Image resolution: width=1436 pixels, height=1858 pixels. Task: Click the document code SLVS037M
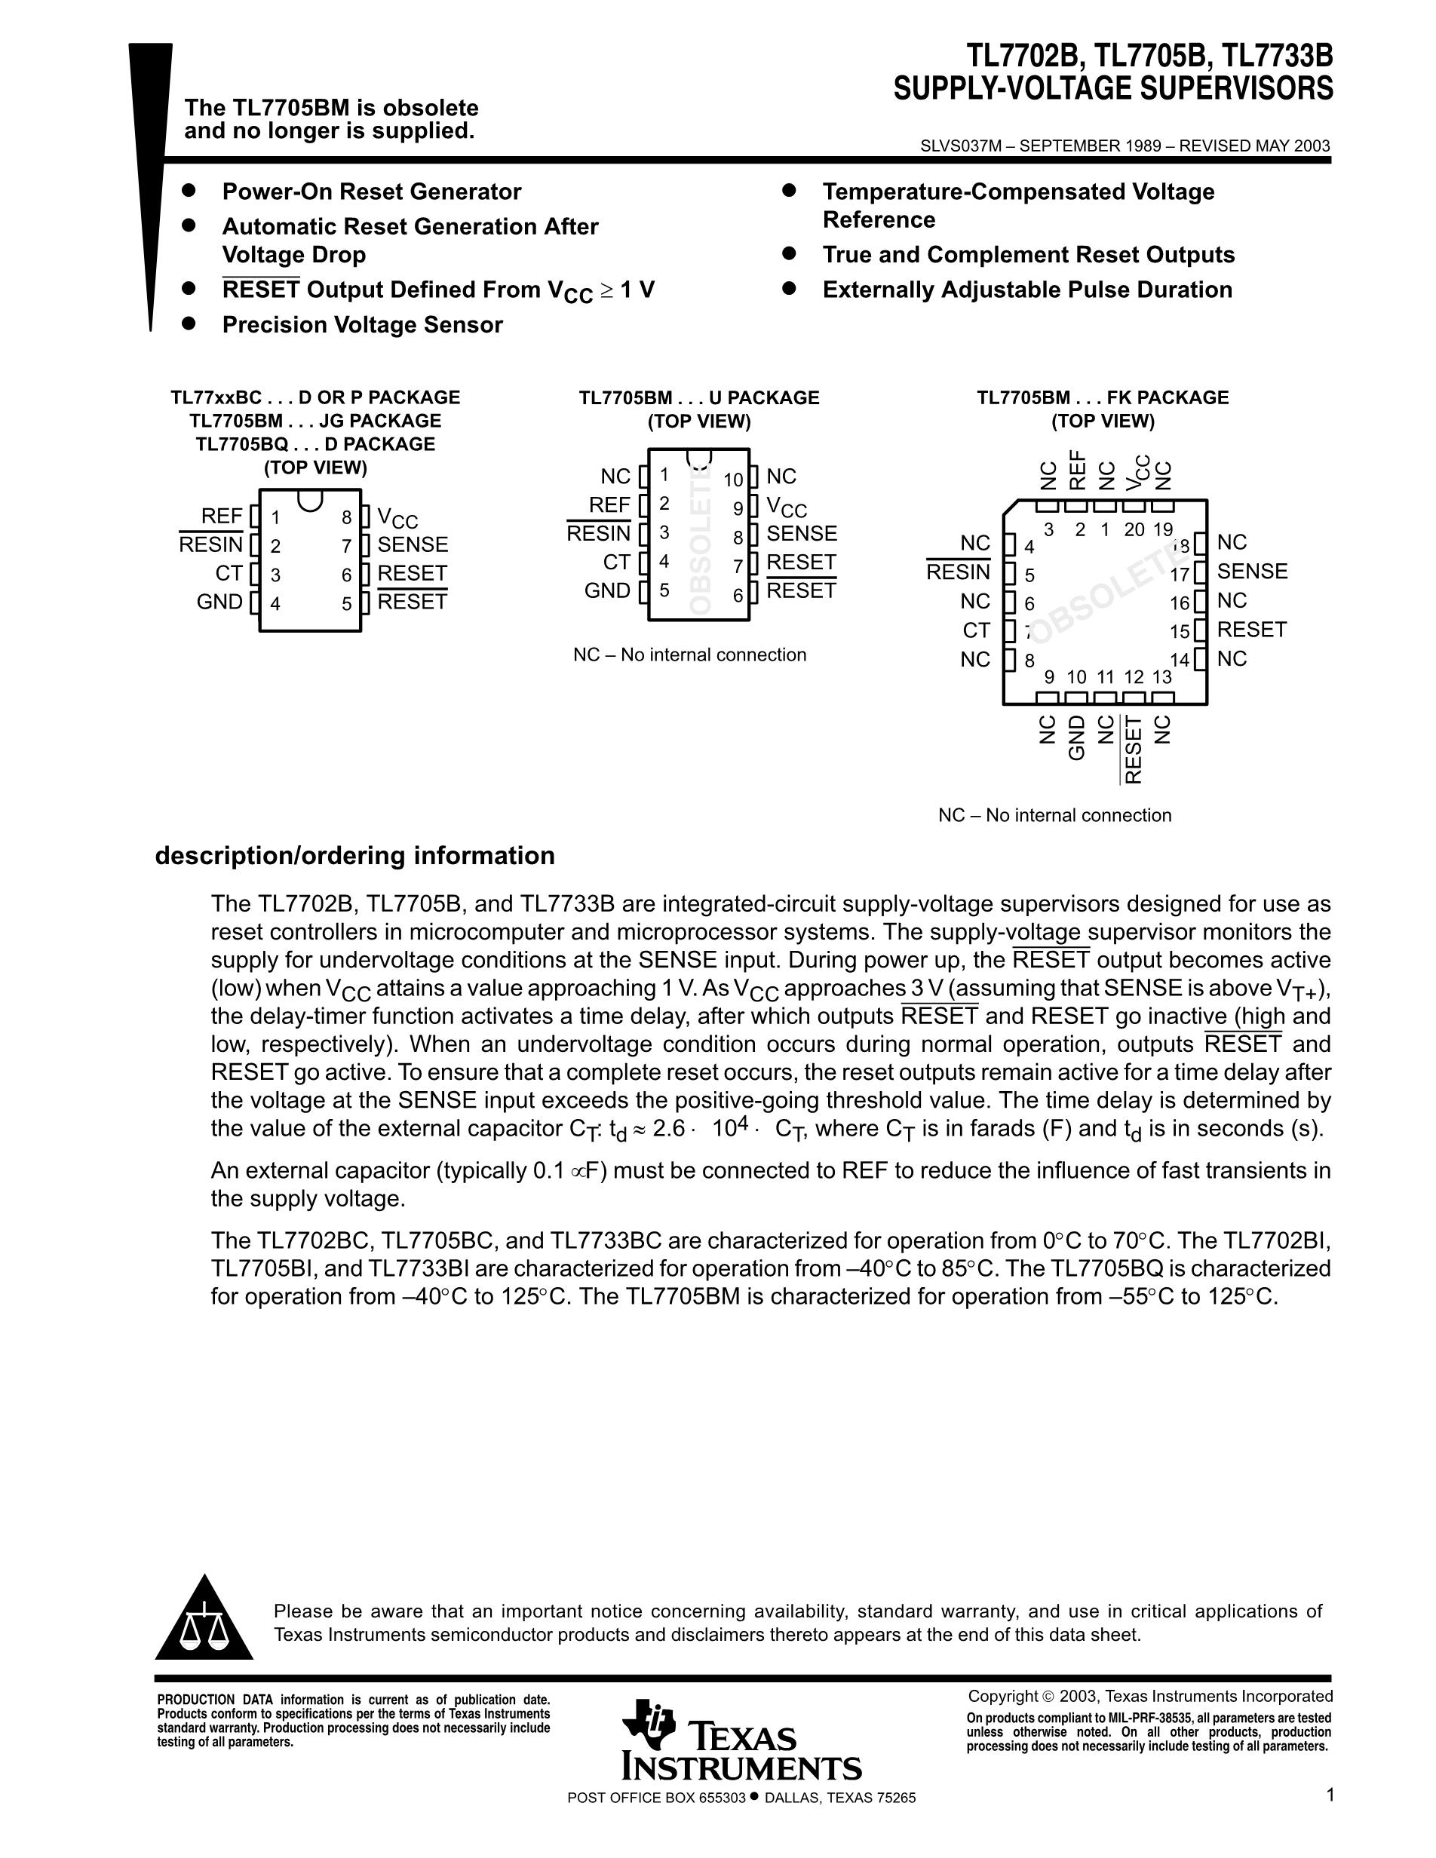tap(960, 146)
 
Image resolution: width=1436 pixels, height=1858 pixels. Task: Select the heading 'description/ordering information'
tap(354, 856)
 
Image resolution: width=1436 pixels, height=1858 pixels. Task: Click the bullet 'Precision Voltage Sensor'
tap(363, 325)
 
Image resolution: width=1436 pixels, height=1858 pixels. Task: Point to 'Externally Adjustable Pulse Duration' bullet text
tap(1026, 290)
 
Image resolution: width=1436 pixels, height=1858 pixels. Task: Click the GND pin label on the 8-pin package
tap(219, 602)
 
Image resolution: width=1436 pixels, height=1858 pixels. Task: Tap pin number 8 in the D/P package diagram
tap(347, 517)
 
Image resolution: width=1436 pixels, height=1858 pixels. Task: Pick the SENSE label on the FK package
tap(1252, 572)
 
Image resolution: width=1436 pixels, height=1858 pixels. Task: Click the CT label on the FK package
tap(977, 630)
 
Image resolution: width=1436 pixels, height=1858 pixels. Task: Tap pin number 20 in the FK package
tap(1134, 530)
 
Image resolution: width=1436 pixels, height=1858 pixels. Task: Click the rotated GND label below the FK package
tap(1077, 737)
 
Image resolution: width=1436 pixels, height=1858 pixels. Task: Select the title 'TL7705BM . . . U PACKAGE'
tap(699, 398)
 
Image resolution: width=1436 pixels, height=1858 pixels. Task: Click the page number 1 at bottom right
tap(1330, 1795)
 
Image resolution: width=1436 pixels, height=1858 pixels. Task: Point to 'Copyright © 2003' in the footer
tap(1025, 1697)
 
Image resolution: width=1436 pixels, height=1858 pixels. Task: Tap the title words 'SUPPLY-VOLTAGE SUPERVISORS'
tap(1112, 88)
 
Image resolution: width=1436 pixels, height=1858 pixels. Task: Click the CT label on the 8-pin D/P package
tap(229, 573)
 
